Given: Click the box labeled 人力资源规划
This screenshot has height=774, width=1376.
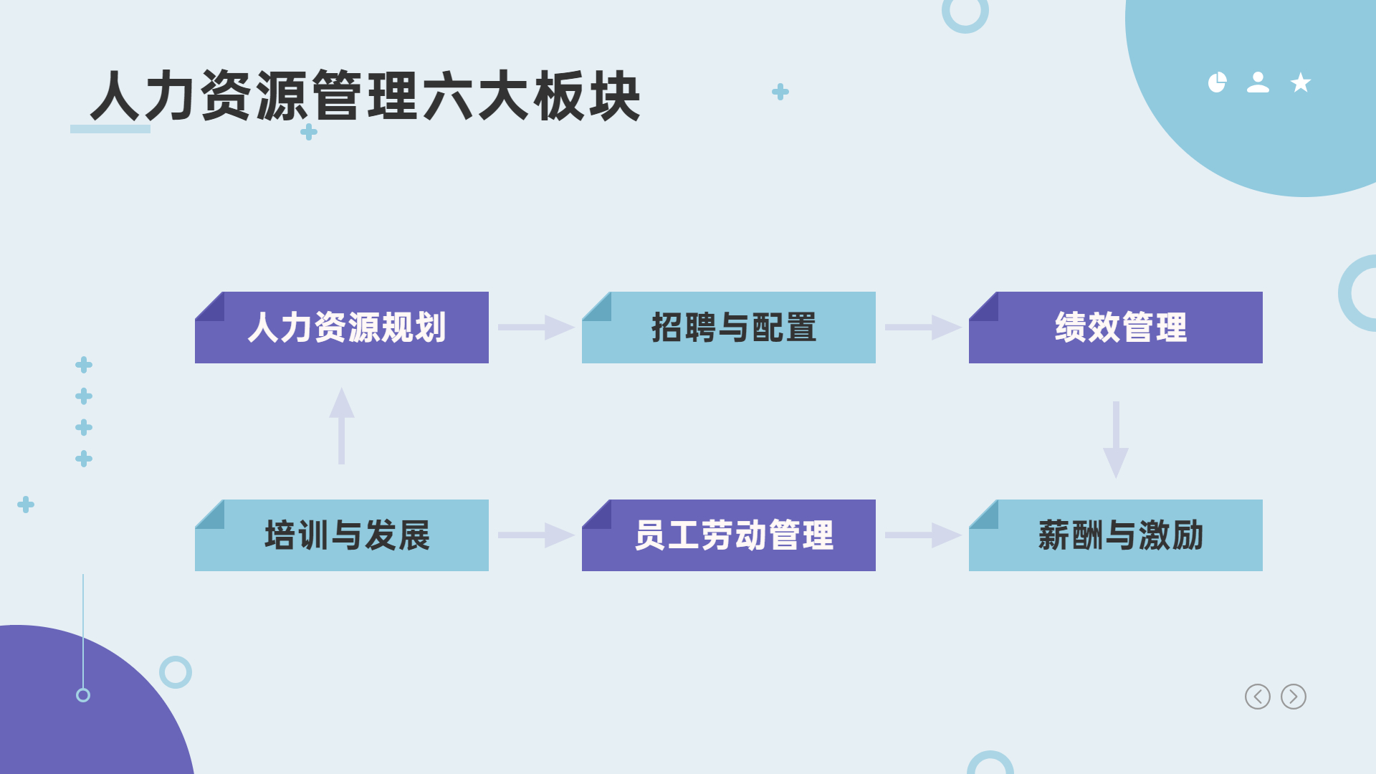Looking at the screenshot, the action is coord(342,328).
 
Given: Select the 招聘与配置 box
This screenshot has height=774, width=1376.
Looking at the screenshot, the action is coord(729,328).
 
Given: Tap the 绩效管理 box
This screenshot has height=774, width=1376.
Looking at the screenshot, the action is coord(1116,328).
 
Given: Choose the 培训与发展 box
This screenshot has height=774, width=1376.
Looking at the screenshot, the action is coord(342,535).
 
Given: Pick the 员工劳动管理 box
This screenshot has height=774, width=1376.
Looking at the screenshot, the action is coord(729,535).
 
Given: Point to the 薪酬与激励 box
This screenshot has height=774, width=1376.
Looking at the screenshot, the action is coord(1116,535).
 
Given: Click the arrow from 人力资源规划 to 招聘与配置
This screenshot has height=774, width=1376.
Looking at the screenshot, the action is coord(536,328).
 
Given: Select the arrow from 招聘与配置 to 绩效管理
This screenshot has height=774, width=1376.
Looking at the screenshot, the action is coord(923,328).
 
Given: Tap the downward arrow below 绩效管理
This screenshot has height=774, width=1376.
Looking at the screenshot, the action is coord(1116,439).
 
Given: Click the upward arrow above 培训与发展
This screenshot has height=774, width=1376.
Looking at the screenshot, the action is coord(342,426).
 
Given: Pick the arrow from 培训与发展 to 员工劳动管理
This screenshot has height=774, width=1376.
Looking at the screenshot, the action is coord(536,535).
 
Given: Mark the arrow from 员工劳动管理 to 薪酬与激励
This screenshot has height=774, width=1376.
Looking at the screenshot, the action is coord(923,535).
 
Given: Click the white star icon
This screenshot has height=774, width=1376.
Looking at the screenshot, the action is coord(1301,83).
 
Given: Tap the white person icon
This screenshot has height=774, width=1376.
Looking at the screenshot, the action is coord(1258,82).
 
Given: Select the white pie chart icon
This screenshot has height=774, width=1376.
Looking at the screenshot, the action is coord(1217,82).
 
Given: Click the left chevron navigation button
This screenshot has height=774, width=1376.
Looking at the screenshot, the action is coord(1258,697).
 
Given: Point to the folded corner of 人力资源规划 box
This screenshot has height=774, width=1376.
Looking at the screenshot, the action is coord(209,307).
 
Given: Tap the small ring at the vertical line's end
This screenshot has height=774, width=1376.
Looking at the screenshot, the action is coord(83,695).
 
